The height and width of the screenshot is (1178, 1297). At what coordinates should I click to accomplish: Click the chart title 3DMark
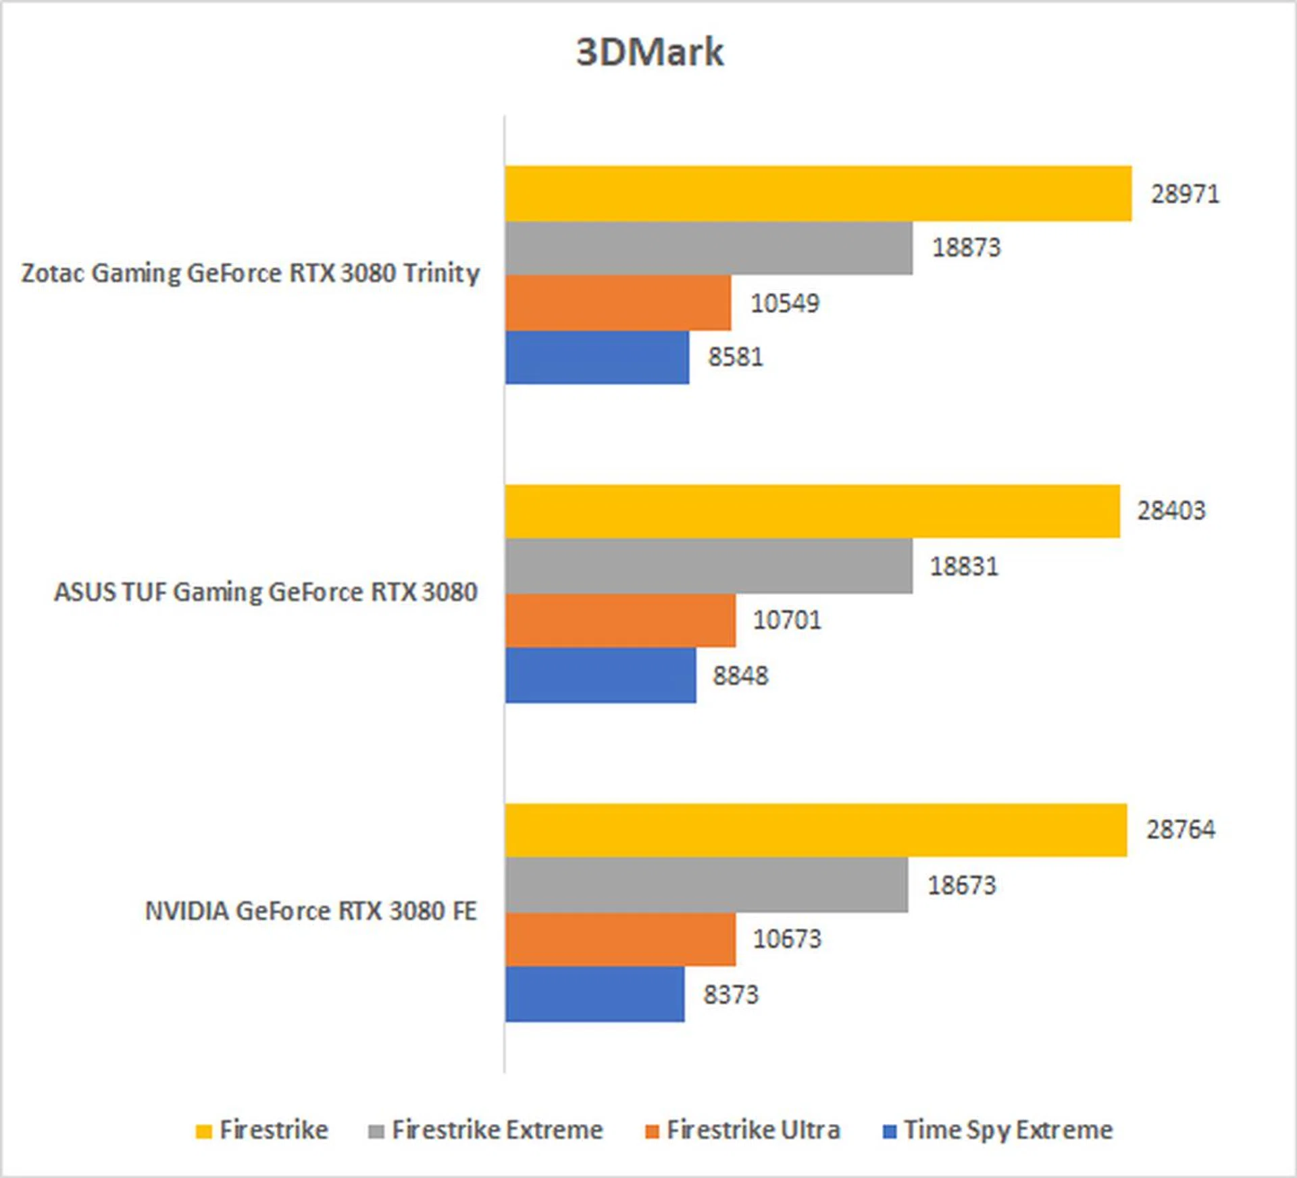click(649, 52)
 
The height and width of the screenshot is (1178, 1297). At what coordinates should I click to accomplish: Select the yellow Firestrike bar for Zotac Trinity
click(817, 194)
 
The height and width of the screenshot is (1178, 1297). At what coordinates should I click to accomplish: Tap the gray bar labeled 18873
click(708, 248)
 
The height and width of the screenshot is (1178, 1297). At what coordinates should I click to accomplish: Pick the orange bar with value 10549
click(617, 303)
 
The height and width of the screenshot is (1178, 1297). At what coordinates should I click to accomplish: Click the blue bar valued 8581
click(597, 357)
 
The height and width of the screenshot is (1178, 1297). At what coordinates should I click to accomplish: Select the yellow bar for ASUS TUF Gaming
click(812, 511)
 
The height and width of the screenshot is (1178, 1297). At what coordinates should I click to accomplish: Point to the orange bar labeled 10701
click(620, 620)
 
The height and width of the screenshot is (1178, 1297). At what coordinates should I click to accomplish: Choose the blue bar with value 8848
click(601, 675)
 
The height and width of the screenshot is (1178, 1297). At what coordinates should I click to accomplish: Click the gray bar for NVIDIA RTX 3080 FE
click(706, 885)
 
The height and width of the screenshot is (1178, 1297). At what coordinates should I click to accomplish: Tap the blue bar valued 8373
click(594, 994)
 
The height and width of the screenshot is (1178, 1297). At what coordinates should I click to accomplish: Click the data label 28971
click(1185, 195)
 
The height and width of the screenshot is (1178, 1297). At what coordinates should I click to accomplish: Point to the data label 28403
click(1171, 511)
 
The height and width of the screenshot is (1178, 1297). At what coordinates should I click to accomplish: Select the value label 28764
click(1180, 829)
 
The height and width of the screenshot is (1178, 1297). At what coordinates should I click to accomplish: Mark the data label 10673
click(787, 939)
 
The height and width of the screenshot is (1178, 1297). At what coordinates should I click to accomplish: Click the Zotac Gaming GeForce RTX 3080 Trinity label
click(251, 274)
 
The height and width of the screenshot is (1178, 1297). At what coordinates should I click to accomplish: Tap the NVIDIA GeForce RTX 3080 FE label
click(311, 911)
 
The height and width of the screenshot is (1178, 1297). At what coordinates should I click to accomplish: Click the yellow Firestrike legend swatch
click(203, 1131)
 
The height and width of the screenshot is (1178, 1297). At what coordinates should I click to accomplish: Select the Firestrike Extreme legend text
click(497, 1130)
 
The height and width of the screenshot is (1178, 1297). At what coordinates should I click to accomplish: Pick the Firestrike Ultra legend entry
click(753, 1130)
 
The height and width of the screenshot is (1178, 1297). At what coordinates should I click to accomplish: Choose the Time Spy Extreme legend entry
click(1008, 1130)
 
